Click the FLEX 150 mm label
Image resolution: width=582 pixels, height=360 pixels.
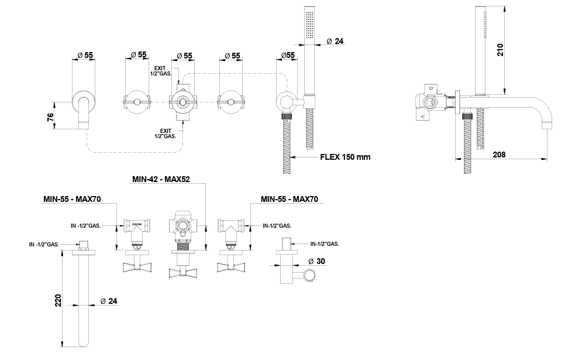tap(345, 157)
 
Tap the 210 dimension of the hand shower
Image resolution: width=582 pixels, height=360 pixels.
tap(500, 50)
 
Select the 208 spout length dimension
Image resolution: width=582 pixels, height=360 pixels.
tap(499, 155)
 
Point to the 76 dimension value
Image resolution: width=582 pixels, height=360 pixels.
tap(51, 117)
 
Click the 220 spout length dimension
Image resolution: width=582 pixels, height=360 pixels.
tap(58, 300)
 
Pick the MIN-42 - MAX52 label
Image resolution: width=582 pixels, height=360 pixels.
tap(161, 179)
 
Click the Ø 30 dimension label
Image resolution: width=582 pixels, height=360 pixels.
tap(316, 261)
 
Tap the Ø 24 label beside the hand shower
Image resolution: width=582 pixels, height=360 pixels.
tap(335, 41)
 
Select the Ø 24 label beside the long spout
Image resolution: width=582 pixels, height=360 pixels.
tap(109, 301)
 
